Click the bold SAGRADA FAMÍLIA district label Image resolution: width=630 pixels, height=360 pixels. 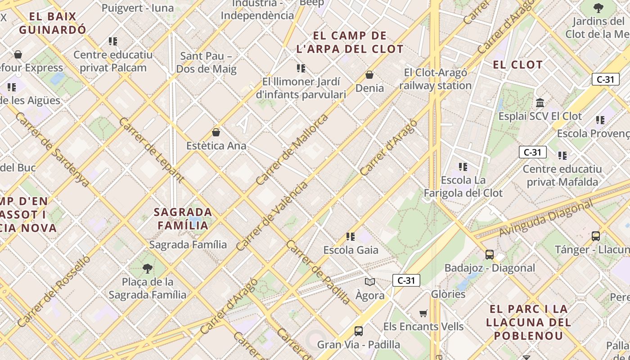tap(183, 218)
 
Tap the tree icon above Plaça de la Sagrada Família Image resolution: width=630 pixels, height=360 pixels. tap(147, 269)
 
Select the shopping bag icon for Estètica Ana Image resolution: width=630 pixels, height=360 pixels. tap(216, 132)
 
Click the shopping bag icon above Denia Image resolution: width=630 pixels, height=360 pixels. tap(369, 75)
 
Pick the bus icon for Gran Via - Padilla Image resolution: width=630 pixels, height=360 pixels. tap(359, 331)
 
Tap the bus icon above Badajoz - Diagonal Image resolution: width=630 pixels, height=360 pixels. tap(490, 254)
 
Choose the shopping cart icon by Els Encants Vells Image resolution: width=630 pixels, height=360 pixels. tap(423, 313)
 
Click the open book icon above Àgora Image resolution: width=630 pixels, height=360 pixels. tap(370, 282)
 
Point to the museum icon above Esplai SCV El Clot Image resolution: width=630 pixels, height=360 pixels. tap(540, 103)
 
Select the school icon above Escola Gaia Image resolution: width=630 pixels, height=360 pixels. tap(351, 236)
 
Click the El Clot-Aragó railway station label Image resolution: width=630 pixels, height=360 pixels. tap(435, 79)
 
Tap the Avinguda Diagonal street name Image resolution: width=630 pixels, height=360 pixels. tap(546, 219)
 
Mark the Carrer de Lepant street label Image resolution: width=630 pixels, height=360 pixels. tap(152, 150)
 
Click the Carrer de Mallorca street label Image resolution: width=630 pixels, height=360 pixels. tap(292, 150)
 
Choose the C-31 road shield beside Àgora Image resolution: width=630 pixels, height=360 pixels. tap(406, 280)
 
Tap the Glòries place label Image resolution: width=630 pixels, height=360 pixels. tap(448, 294)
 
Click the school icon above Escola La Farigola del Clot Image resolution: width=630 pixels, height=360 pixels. tap(463, 167)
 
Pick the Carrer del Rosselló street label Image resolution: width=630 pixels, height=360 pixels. tap(54, 291)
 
